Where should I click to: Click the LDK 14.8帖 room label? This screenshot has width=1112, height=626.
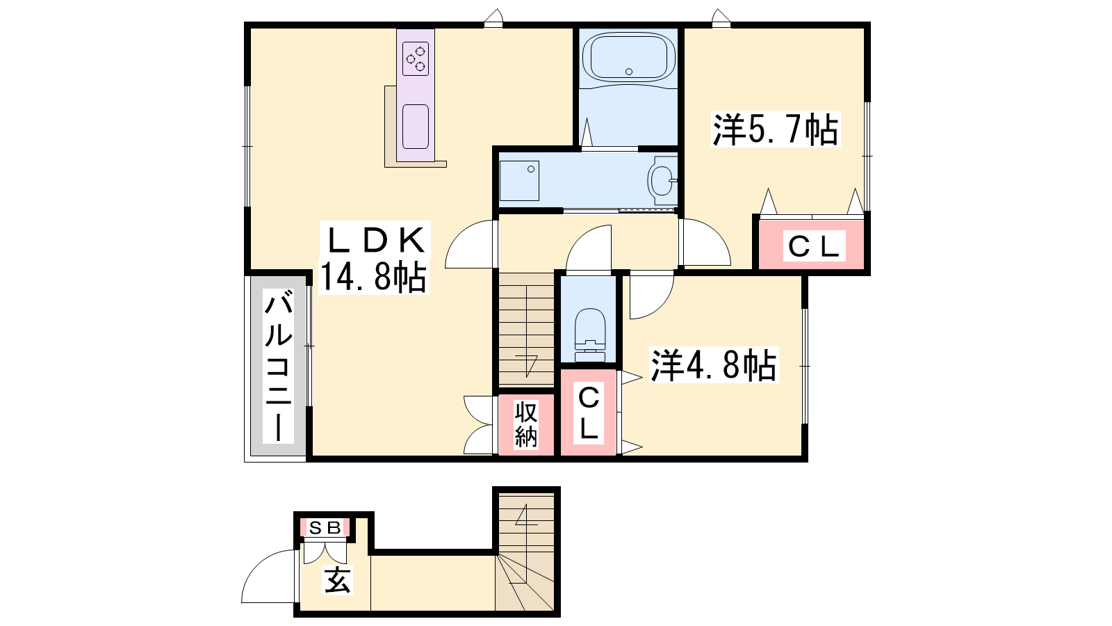click(x=373, y=258)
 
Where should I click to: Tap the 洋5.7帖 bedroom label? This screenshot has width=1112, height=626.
click(x=776, y=129)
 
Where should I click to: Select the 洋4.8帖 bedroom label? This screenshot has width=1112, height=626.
click(x=713, y=366)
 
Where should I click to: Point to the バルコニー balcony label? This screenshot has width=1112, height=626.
click(x=278, y=367)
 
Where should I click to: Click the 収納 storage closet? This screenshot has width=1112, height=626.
click(x=526, y=425)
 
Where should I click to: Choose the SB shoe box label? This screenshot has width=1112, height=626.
click(x=325, y=527)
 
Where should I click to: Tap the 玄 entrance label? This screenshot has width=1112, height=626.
click(x=338, y=580)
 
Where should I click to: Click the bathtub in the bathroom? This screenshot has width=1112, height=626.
click(x=628, y=57)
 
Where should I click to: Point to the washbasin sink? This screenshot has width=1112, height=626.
click(x=662, y=180)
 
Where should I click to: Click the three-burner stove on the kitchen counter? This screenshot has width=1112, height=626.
click(x=416, y=58)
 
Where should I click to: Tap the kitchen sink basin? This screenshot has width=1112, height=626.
click(x=416, y=127)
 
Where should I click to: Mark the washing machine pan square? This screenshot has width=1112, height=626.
click(x=519, y=181)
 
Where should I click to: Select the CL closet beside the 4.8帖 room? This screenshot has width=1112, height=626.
click(x=589, y=412)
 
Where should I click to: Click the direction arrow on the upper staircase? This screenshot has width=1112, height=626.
click(x=528, y=365)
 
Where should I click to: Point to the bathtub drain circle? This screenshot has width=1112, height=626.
click(x=629, y=72)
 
